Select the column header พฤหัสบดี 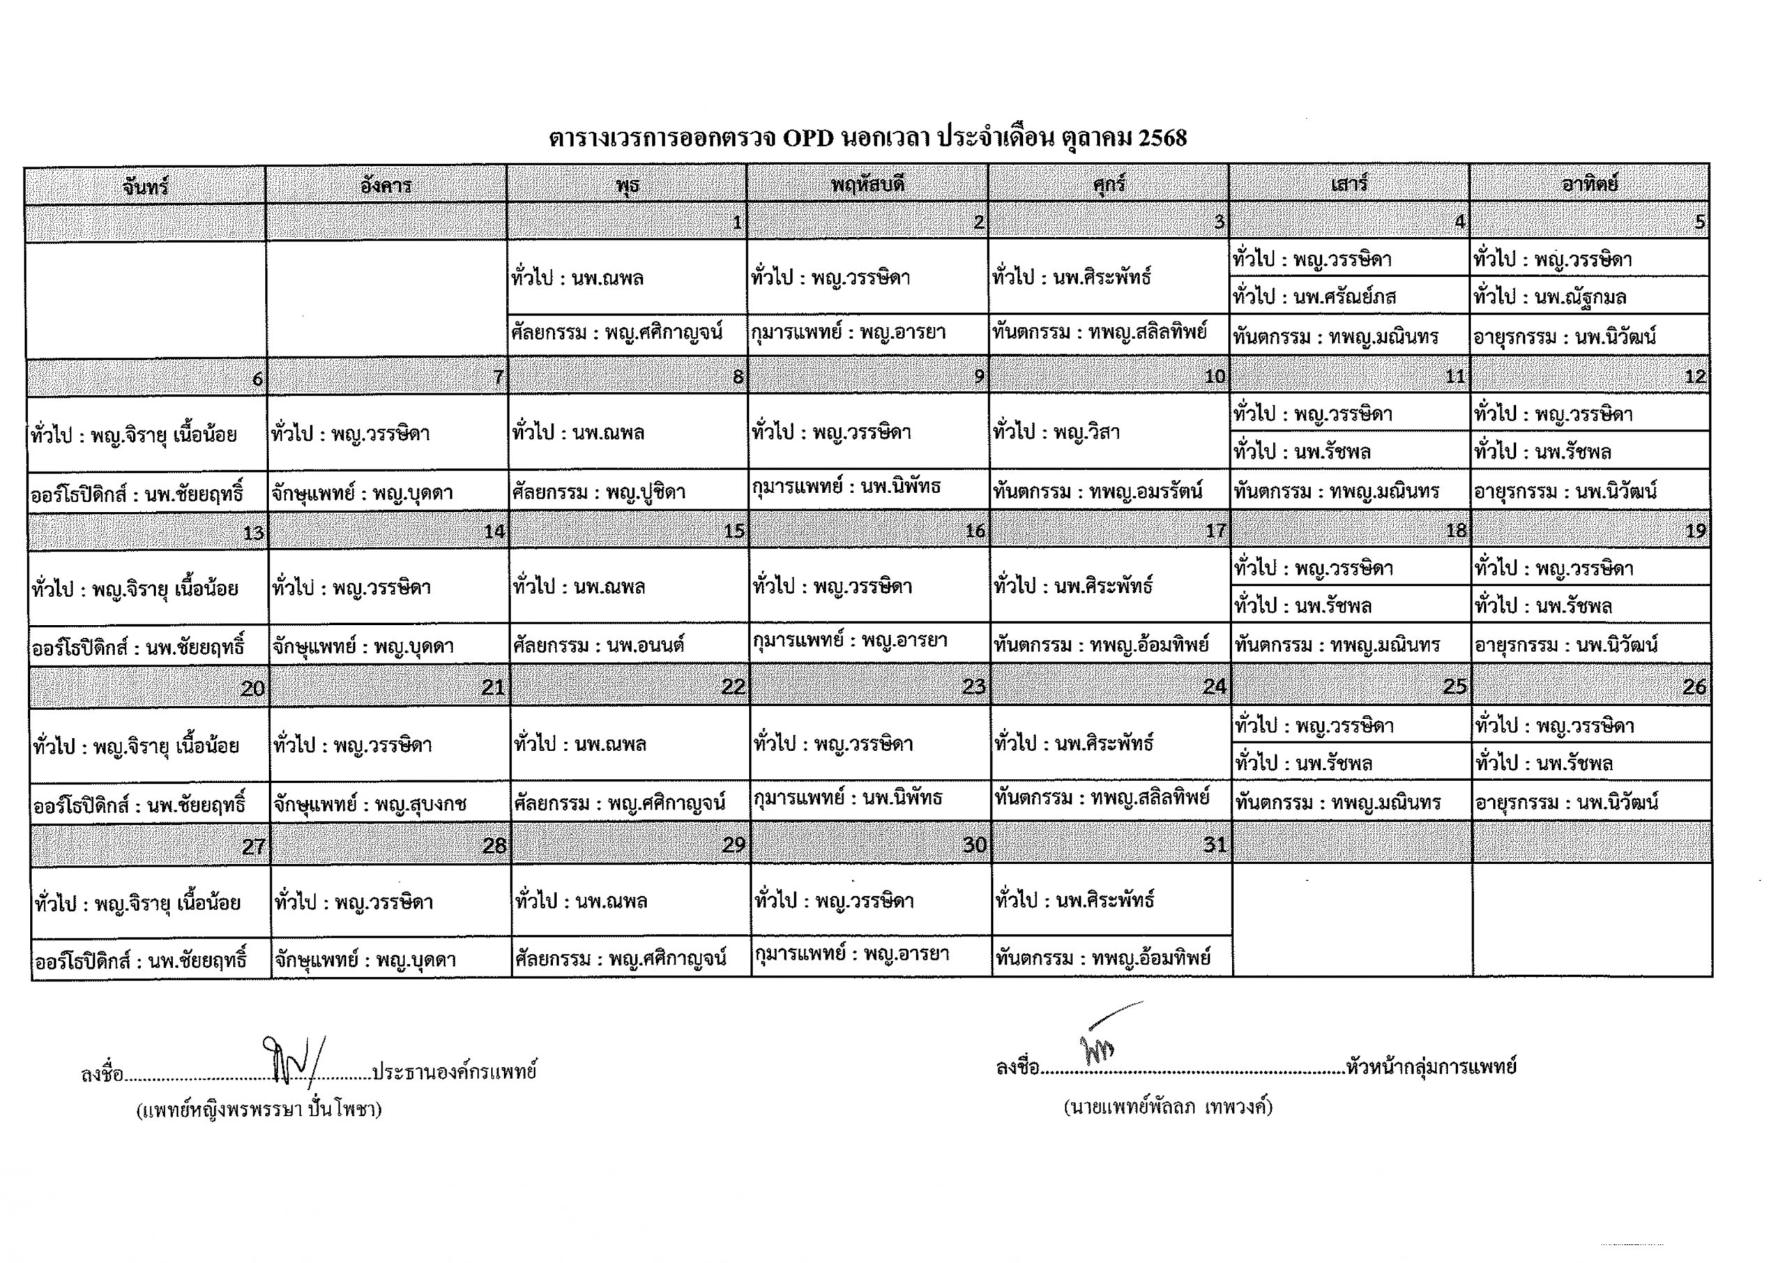pos(867,185)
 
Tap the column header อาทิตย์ pos(1589,184)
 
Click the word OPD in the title pos(809,138)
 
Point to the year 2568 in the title pos(1162,138)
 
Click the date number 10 pos(1215,377)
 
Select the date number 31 pos(1215,845)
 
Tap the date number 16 pos(975,531)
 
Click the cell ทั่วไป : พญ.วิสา pos(1056,432)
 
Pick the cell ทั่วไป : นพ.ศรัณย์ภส pos(1314,297)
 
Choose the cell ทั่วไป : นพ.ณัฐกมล pos(1549,297)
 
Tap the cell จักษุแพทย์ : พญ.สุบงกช pos(370,804)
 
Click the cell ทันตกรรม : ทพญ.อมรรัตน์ pos(1097,492)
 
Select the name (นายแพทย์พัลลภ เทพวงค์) pos(1168,1107)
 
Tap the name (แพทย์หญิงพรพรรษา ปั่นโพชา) pos(259,1110)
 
